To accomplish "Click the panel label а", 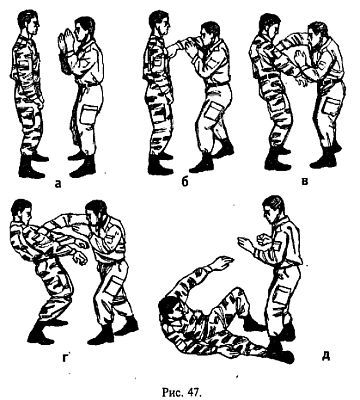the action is point(58,183).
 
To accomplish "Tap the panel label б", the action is point(186,182).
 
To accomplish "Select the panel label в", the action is point(305,182).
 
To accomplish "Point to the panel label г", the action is point(65,356).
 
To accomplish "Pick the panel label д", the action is point(326,356).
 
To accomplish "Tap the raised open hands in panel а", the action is point(65,40).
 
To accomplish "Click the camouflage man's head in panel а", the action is point(28,23).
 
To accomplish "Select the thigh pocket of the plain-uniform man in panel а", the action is point(89,115).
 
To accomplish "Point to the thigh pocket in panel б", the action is point(212,111).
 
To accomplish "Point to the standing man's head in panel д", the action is point(274,208).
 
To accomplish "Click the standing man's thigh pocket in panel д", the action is point(281,295).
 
